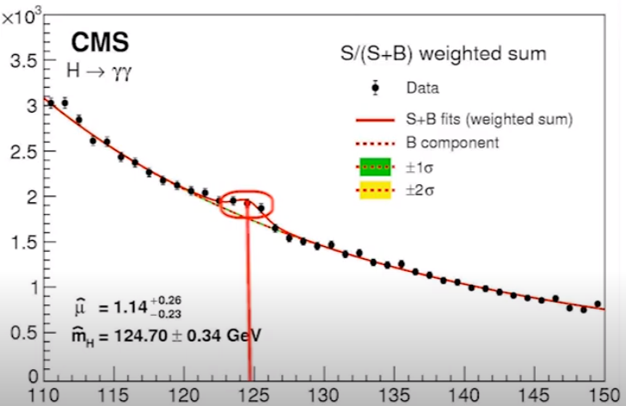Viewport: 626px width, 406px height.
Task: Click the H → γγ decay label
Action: click(x=99, y=72)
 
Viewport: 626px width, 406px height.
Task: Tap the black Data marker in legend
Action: click(x=376, y=88)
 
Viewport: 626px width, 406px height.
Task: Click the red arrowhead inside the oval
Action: click(x=248, y=206)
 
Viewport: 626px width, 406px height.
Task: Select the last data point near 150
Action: click(x=598, y=304)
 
